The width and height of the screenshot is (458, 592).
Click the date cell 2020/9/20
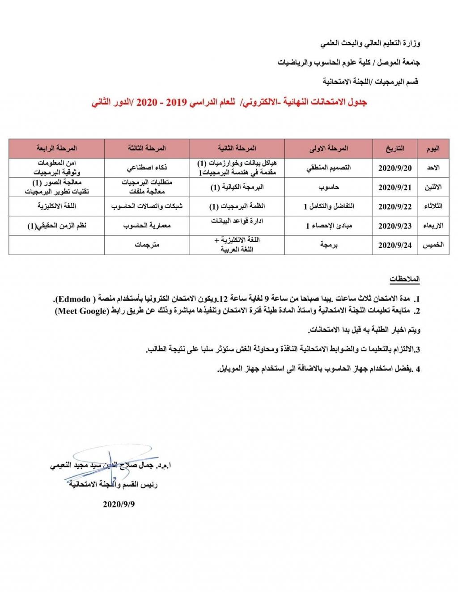394,168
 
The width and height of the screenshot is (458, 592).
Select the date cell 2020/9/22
394,206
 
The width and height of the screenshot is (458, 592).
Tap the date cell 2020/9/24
394,245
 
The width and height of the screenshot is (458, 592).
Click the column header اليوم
433,148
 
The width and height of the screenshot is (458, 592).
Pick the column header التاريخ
394,148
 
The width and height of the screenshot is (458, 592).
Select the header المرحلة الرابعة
57,148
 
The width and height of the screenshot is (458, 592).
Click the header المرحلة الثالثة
147,148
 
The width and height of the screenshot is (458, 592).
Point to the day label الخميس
433,245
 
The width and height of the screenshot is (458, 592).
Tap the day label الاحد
433,168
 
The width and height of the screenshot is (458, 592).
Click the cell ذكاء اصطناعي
147,168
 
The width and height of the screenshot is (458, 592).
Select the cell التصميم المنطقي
328,168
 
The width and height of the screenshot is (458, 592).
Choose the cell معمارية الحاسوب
147,226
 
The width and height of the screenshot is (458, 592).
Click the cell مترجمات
147,245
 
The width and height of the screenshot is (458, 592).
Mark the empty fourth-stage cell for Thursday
57,245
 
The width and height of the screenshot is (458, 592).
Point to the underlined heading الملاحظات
404,279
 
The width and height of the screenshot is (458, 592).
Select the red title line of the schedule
229,102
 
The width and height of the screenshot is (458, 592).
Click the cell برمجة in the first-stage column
328,245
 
